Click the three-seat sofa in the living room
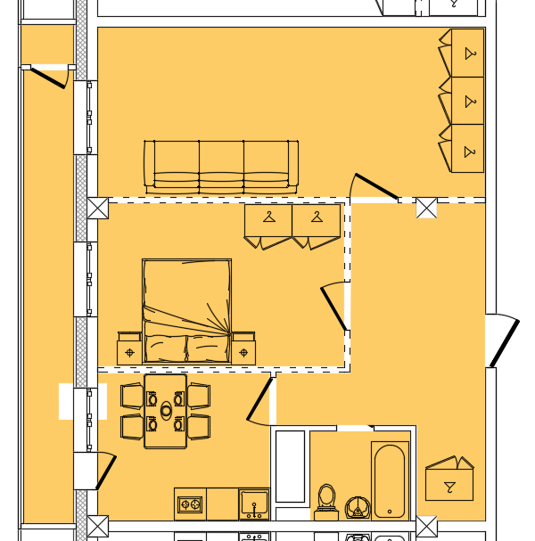tap(221, 166)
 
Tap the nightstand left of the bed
tap(129, 351)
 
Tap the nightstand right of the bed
tap(243, 351)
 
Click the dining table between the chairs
tap(165, 411)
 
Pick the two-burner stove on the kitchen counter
tap(190, 504)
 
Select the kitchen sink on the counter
tap(254, 504)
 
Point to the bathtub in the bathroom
tap(390, 480)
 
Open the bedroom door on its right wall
tap(334, 307)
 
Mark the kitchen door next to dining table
tap(259, 399)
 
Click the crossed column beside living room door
tap(426, 209)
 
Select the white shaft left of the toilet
tap(291, 466)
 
